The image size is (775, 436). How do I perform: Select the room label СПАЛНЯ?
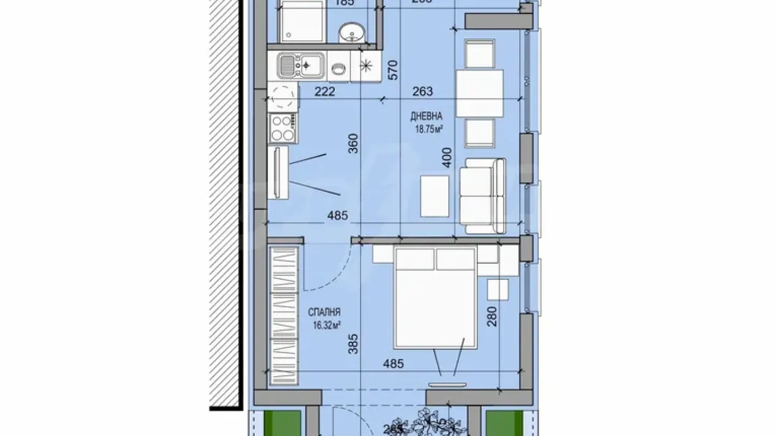pos(324,312)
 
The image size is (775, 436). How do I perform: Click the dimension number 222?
pos(325,92)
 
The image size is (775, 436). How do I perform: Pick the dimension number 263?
pos(422,92)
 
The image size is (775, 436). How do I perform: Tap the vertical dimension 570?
pos(393,70)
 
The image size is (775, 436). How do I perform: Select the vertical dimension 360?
pos(354,144)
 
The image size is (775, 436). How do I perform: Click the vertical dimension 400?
pos(446,157)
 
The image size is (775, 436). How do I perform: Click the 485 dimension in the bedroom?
pos(393,364)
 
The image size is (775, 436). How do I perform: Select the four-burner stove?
pos(283,128)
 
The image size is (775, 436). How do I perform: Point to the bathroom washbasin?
pos(353,33)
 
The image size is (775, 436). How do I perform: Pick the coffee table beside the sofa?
pos(434,196)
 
